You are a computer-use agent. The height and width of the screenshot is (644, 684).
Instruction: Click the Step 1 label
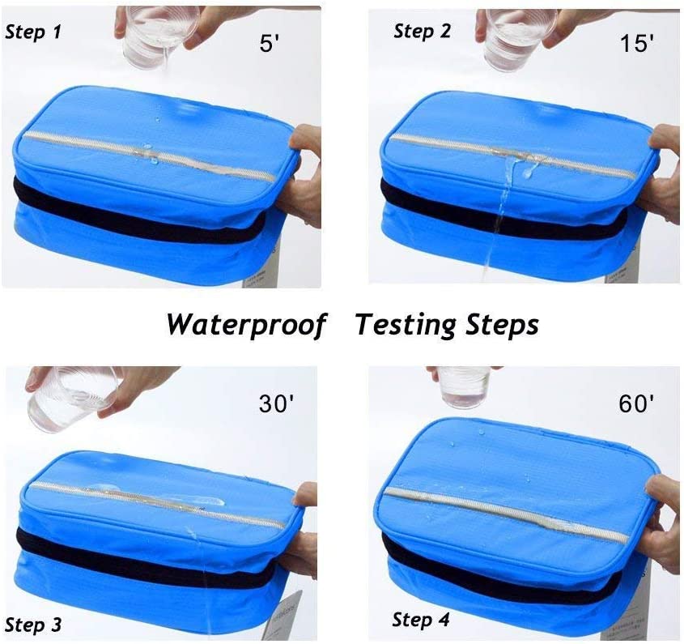[x=33, y=33]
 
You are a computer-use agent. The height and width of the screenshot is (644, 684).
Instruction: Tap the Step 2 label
[x=423, y=32]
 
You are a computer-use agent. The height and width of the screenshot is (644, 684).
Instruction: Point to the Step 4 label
[x=421, y=620]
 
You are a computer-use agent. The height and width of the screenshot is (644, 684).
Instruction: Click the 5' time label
[x=270, y=44]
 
